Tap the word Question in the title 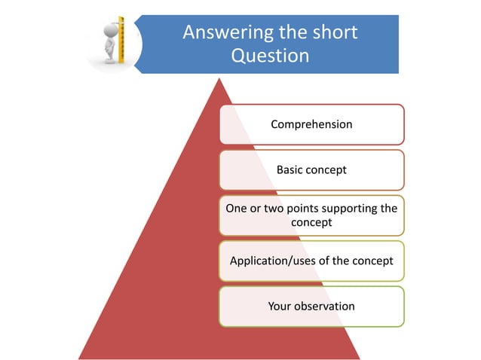[x=270, y=56]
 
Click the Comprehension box [x=311, y=124]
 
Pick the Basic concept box [x=311, y=170]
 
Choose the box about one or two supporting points [x=311, y=215]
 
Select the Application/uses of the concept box [x=311, y=261]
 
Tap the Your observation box [x=311, y=306]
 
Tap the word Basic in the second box [x=290, y=170]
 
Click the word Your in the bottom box [x=280, y=306]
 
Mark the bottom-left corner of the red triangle [x=78, y=358]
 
